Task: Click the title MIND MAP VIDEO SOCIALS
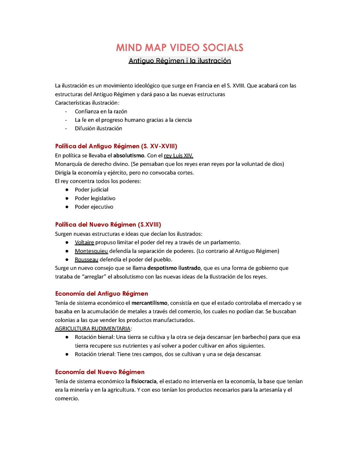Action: click(180, 48)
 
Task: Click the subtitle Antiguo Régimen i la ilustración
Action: click(180, 61)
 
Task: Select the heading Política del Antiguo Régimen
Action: click(116, 146)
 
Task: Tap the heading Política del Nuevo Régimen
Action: click(108, 224)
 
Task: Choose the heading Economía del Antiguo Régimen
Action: click(101, 294)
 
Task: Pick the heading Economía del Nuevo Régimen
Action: click(100, 372)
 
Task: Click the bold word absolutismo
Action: click(129, 155)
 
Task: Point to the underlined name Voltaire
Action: click(84, 242)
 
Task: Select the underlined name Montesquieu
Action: click(91, 251)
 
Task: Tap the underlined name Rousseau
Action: click(86, 260)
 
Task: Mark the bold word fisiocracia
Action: click(144, 381)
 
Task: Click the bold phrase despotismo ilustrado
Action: click(174, 268)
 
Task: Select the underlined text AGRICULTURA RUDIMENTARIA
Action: click(92, 329)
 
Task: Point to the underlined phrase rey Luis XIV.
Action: click(178, 155)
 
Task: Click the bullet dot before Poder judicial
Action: click(67, 190)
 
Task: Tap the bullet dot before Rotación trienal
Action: click(67, 354)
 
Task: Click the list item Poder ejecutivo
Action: click(94, 207)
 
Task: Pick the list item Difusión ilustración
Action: click(98, 128)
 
